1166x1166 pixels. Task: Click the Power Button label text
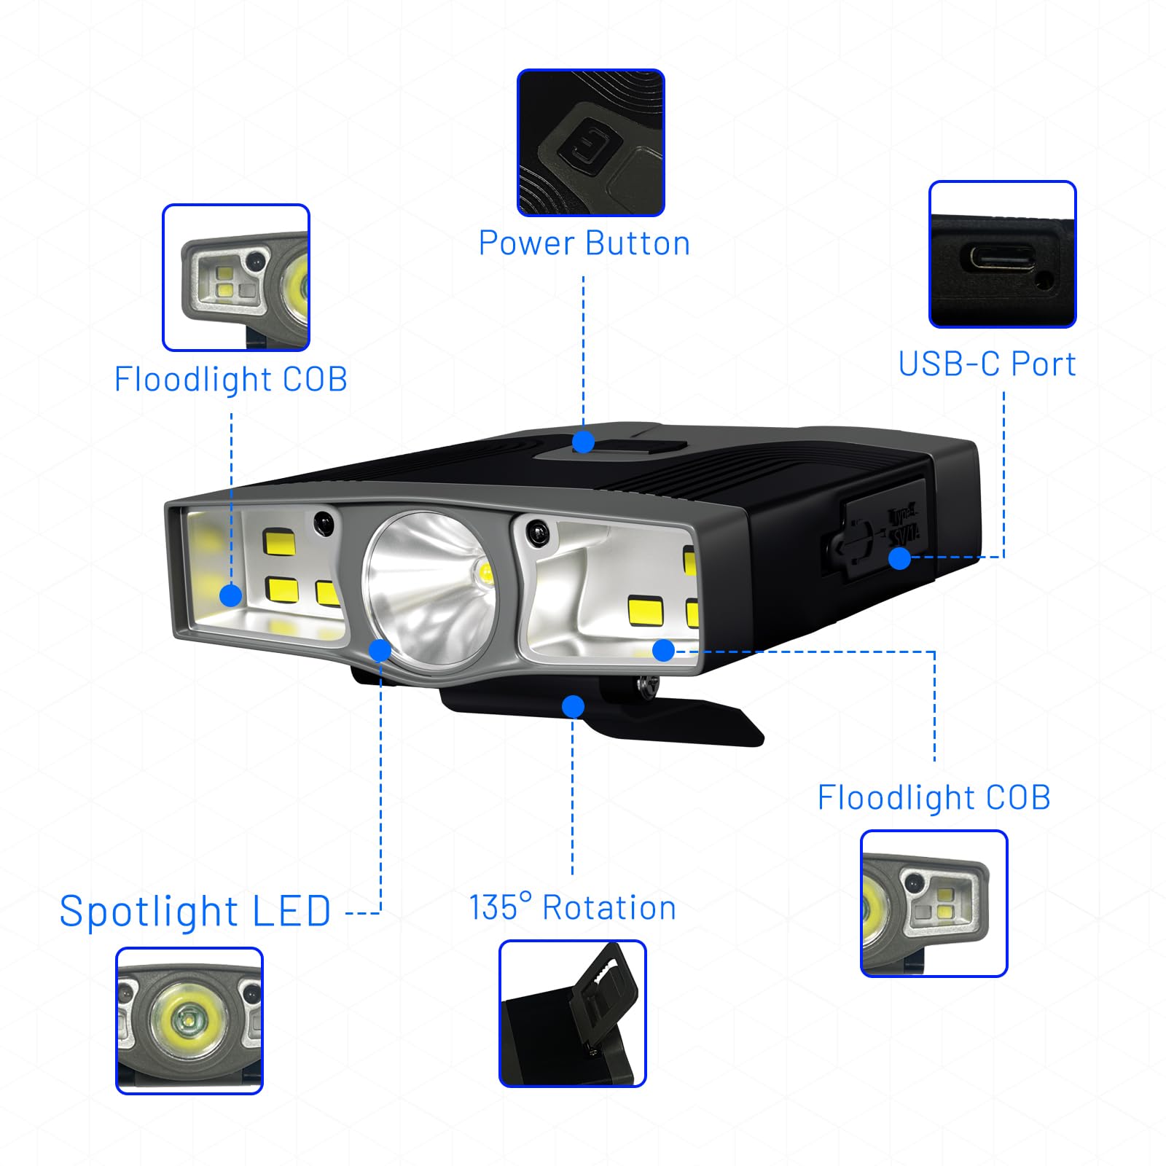point(584,243)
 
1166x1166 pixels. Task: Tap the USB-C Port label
point(987,364)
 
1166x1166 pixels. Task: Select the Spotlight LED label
point(195,911)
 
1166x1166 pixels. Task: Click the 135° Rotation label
point(573,907)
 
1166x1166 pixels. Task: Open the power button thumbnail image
point(591,143)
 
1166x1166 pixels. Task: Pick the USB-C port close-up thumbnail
point(1003,254)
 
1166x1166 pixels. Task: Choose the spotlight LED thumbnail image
point(189,1020)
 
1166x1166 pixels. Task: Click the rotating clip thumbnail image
point(573,1014)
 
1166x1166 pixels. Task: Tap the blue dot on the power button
point(583,442)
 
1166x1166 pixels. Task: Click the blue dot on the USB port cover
point(900,558)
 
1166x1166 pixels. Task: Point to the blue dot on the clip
point(574,706)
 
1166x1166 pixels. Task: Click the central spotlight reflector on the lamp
point(430,587)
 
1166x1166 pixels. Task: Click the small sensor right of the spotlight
point(538,532)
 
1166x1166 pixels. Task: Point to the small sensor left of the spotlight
point(324,522)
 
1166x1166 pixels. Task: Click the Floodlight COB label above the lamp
point(231,379)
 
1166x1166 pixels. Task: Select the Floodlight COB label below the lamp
point(934,797)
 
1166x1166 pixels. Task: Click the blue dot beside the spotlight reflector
point(380,650)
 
